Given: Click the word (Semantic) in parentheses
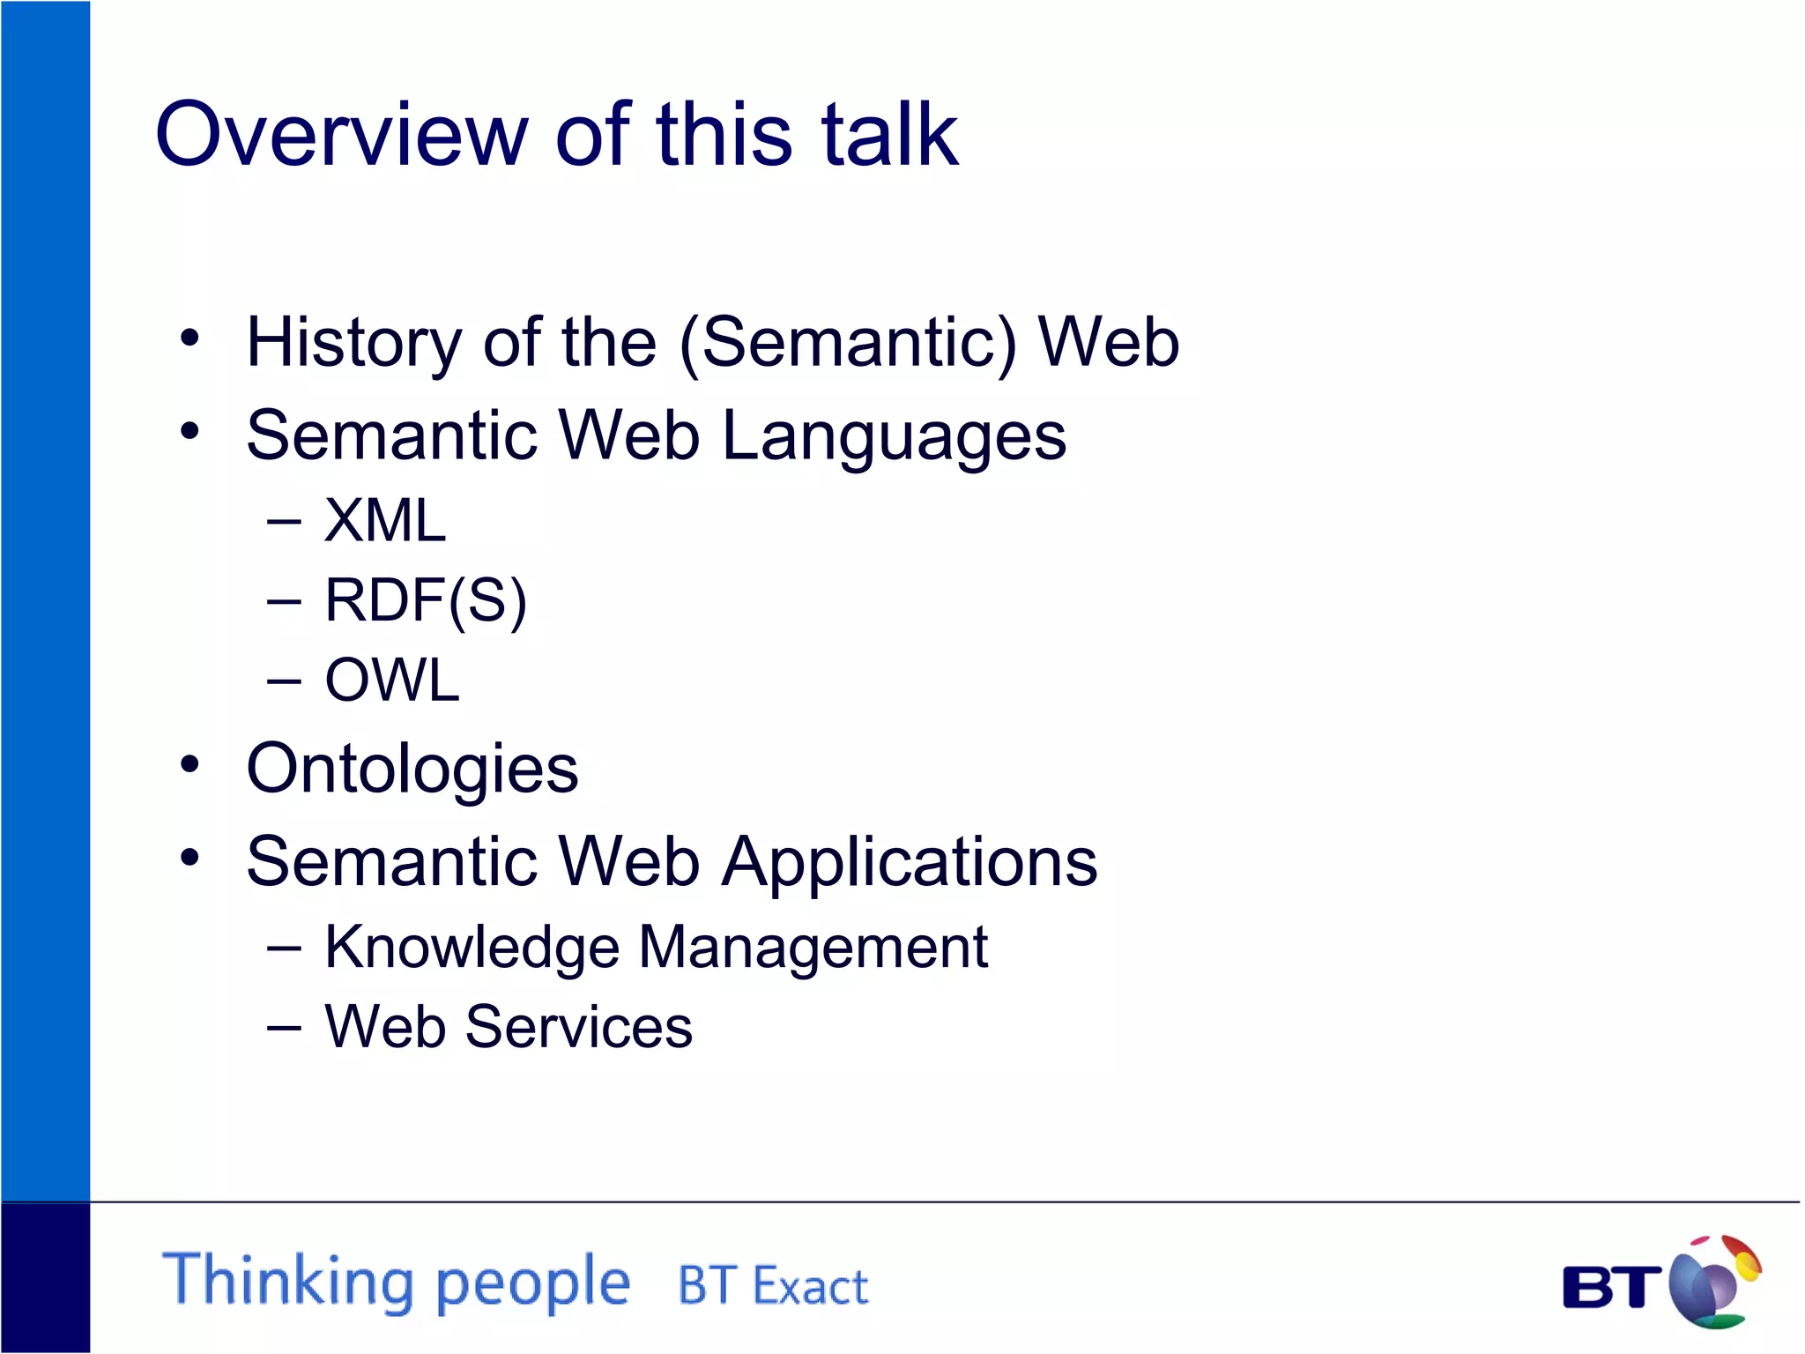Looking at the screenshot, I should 848,344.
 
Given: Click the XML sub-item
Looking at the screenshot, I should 385,520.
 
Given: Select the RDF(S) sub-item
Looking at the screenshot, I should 426,601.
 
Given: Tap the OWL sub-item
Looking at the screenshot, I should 392,681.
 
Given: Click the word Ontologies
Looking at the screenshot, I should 412,770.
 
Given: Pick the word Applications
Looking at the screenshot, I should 910,862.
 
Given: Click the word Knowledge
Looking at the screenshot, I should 472,949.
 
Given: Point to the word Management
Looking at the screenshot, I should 813,949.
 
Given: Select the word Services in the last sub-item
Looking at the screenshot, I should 579,1028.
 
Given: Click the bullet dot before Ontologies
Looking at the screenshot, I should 189,765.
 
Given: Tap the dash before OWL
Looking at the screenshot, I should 284,681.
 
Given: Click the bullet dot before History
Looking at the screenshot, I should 189,338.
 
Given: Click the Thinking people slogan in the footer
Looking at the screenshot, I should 397,1281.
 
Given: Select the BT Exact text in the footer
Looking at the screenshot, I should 773,1286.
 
